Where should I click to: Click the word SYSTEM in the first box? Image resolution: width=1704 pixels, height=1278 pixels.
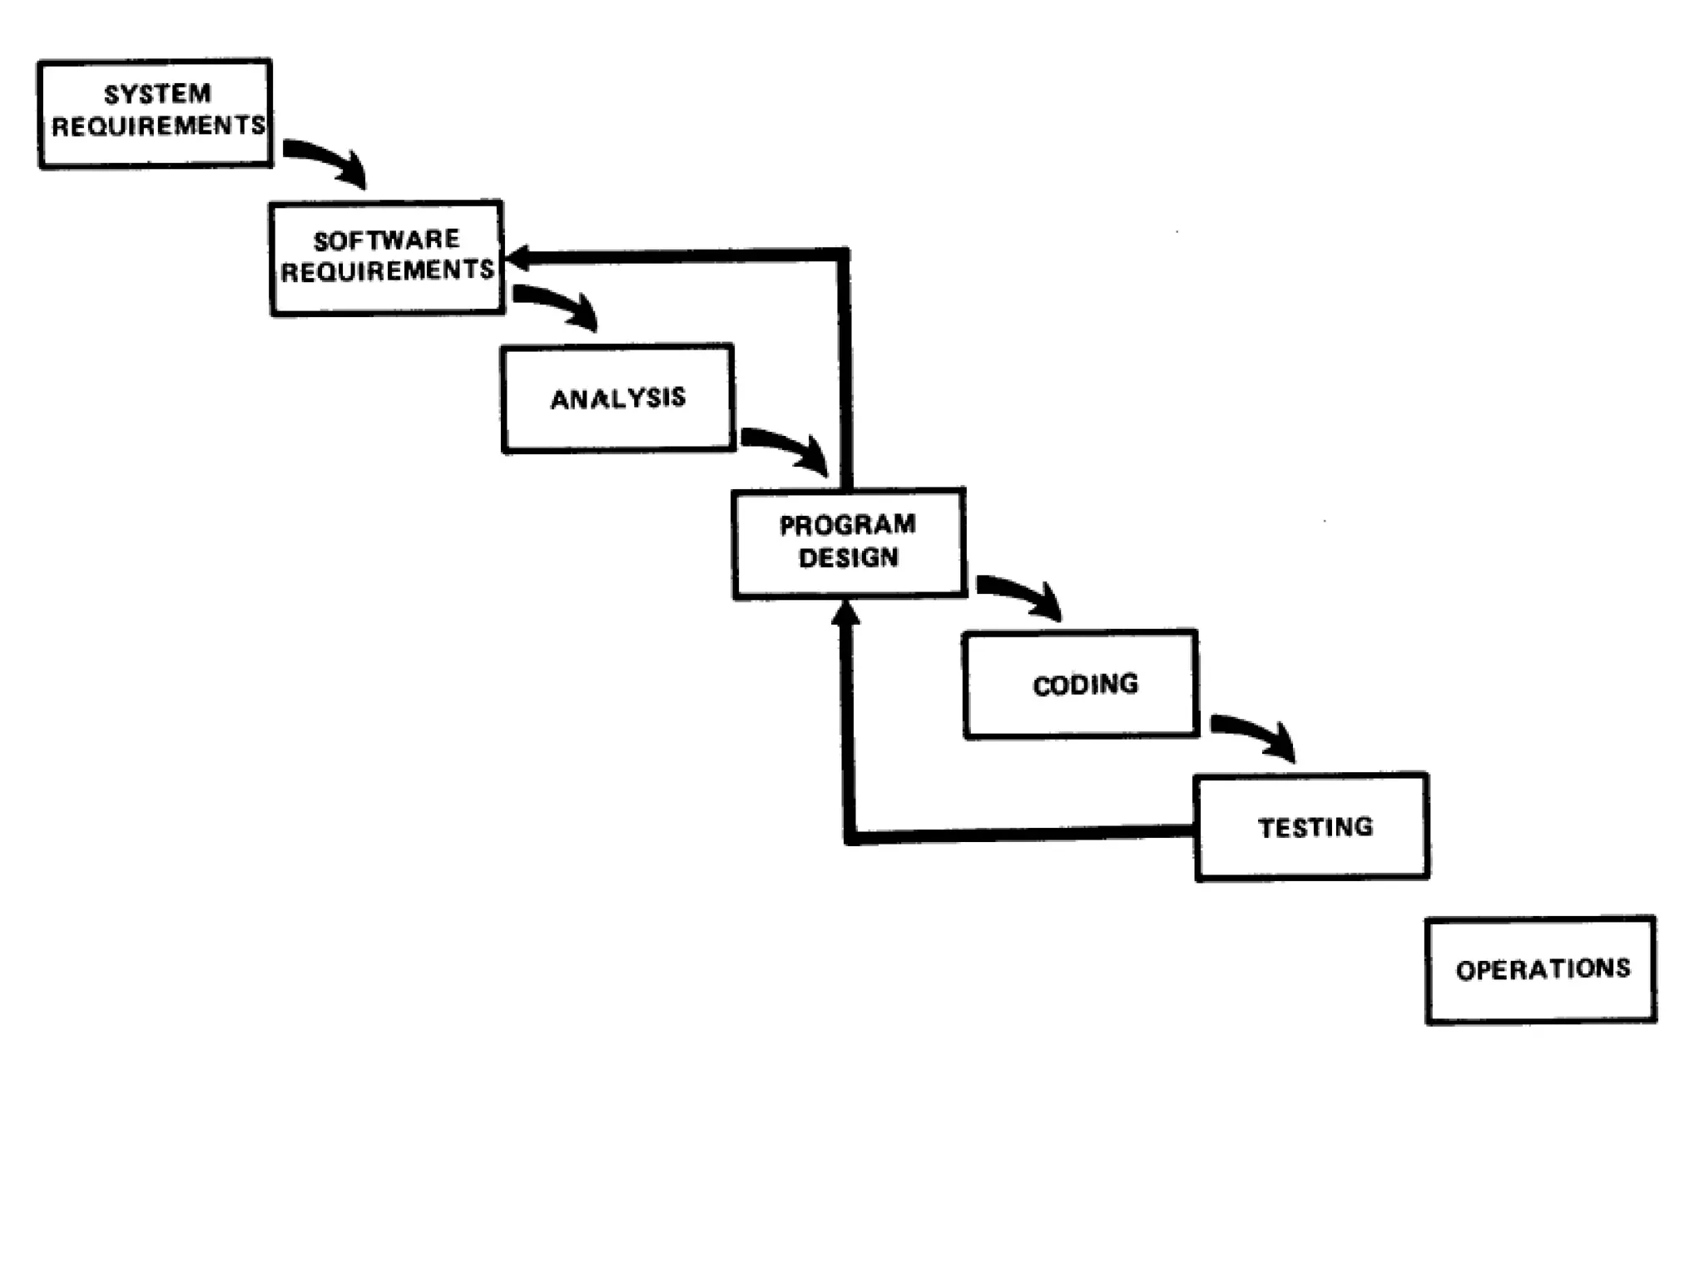(157, 94)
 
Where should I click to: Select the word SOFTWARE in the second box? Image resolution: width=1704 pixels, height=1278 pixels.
(386, 240)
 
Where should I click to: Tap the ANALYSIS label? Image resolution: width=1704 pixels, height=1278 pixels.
(618, 399)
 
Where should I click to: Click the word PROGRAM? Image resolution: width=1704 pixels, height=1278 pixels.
(847, 525)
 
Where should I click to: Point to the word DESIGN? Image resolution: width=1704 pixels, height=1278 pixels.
(848, 557)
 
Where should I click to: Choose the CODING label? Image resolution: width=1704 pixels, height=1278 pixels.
(1085, 685)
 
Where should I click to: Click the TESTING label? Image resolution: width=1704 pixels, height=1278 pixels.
(1315, 827)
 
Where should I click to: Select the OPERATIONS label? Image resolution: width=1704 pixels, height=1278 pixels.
(1543, 969)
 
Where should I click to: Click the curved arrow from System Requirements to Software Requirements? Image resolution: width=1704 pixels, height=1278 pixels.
(329, 161)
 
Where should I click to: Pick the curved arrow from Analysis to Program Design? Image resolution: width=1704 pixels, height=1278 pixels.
(789, 448)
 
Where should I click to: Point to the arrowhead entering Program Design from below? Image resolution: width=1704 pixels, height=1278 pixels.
(845, 614)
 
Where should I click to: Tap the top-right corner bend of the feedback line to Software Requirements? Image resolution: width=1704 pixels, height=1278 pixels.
(843, 255)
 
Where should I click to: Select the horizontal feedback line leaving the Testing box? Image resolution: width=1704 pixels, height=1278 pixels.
(1023, 833)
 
